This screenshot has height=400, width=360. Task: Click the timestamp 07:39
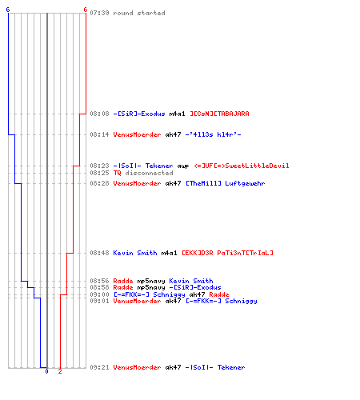point(99,13)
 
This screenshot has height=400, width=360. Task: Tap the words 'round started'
point(139,13)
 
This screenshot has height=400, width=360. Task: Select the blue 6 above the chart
point(8,10)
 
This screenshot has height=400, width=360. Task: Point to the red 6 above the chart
point(86,10)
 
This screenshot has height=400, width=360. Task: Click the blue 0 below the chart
point(47,371)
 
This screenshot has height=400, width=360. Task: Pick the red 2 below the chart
point(60,371)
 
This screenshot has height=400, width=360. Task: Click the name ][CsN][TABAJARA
point(219,114)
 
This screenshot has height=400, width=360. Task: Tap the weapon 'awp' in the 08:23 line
point(183,166)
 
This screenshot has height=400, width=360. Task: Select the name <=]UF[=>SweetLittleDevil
point(242,166)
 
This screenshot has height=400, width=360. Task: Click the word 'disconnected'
point(149,173)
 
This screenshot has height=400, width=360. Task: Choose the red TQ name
point(117,173)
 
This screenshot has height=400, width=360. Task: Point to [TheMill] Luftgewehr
point(226,183)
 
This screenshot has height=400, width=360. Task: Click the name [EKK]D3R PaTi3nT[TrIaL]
point(227,253)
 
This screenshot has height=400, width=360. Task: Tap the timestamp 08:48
point(99,253)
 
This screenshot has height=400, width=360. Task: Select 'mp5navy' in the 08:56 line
point(151,281)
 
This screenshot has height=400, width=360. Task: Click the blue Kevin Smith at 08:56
point(191,281)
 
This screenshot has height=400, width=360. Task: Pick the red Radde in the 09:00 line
point(219,294)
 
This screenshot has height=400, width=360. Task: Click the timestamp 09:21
point(99,367)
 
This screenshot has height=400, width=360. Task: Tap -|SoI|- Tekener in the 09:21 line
point(215,367)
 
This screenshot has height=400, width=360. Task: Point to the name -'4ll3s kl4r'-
point(214,134)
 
